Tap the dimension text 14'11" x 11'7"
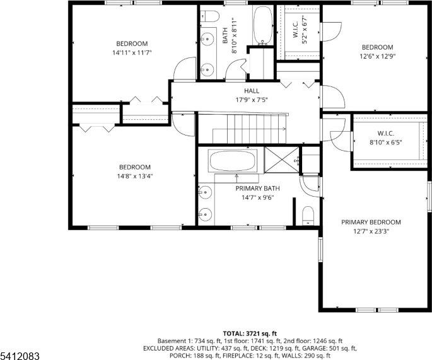132,53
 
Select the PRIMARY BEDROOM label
371,222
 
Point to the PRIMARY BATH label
257,188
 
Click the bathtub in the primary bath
232,161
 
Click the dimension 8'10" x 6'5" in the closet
385,142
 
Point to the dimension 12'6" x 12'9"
377,56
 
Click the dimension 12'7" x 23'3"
371,231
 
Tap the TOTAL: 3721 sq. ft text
250,333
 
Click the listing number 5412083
20,356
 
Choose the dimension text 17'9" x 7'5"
243,100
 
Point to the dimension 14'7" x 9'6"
257,197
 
